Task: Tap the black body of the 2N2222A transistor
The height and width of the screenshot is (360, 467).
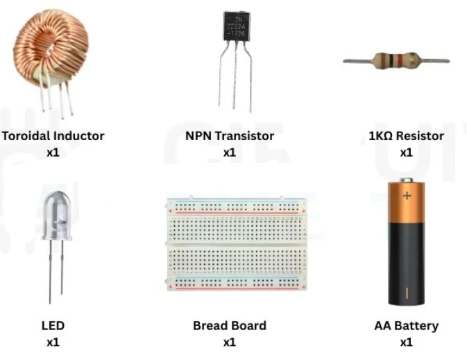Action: (x=237, y=26)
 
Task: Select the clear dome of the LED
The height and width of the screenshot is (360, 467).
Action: (x=57, y=215)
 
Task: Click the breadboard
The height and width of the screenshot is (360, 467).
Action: (x=237, y=243)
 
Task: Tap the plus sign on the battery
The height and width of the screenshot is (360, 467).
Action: (x=407, y=196)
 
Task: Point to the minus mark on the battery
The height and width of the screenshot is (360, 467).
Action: (x=407, y=293)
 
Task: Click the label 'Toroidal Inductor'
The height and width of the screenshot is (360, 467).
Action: (x=53, y=136)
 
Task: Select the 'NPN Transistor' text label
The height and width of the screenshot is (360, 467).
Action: (x=230, y=136)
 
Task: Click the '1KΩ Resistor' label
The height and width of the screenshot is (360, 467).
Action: (x=406, y=136)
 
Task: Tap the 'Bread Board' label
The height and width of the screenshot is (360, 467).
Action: (x=230, y=325)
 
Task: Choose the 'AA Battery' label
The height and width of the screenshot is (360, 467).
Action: (x=406, y=326)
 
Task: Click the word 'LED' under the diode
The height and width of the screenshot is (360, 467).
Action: (x=53, y=325)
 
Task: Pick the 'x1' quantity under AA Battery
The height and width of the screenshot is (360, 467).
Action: (x=406, y=342)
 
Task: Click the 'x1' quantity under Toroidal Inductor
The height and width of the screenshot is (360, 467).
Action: (x=53, y=153)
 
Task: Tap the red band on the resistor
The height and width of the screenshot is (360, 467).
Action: (x=400, y=60)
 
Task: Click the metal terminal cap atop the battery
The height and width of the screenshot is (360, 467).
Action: (x=406, y=180)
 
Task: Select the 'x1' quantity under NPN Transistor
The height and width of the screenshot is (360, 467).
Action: (x=230, y=153)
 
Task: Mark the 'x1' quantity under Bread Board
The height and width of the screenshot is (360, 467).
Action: (x=230, y=342)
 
